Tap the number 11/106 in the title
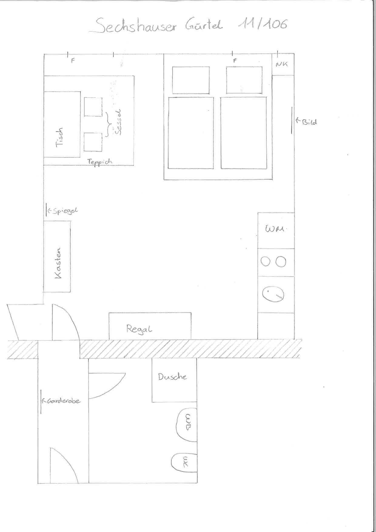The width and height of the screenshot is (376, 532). (263, 24)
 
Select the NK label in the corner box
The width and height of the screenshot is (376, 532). (282, 64)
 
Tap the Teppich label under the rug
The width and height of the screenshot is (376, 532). (100, 161)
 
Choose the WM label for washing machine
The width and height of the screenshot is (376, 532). (275, 229)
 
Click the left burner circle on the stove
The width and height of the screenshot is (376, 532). (266, 262)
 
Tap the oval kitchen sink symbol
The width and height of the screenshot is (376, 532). (273, 294)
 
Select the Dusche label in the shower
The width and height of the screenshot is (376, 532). (172, 377)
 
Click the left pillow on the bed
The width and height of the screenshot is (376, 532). (191, 80)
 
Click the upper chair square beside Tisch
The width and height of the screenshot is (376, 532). (93, 107)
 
